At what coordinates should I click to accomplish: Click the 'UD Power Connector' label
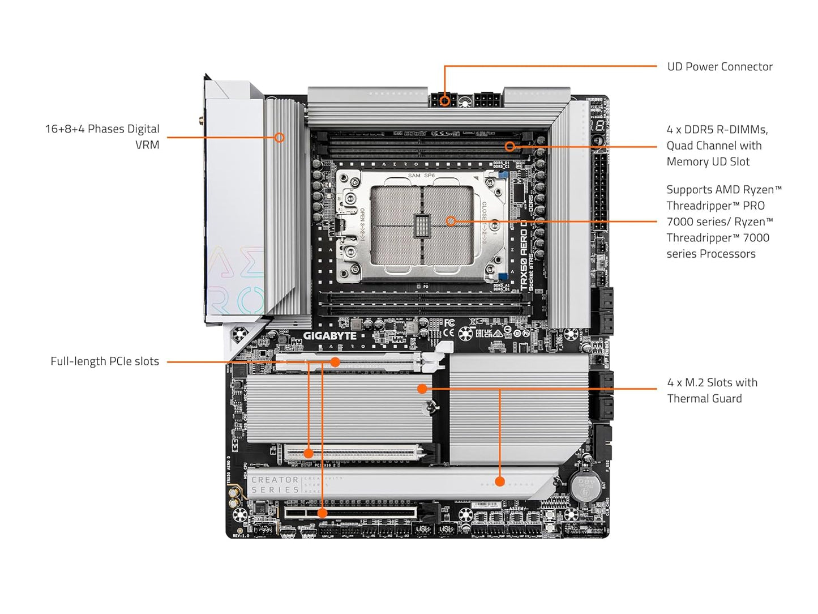coord(720,67)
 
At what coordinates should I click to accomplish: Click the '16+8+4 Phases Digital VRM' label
coord(102,137)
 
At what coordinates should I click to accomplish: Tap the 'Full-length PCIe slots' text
coord(105,361)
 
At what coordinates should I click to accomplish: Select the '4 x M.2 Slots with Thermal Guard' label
coord(712,390)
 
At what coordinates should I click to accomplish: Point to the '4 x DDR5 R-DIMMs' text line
coord(717,130)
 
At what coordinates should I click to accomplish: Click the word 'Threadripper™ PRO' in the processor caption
coord(716,206)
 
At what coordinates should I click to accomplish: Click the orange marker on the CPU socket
coord(451,221)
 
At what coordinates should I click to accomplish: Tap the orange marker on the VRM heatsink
coord(279,137)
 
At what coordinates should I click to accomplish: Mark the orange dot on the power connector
coord(446,101)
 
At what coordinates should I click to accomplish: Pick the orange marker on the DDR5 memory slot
coord(509,147)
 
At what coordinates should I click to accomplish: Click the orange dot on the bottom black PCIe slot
coord(322,513)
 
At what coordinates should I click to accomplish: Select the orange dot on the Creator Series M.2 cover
coord(499,481)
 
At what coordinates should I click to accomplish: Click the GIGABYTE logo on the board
coord(329,336)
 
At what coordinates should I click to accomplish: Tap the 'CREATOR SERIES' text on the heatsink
coord(275,485)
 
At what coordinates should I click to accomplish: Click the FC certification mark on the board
coord(448,323)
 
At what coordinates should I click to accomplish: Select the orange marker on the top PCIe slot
coord(335,362)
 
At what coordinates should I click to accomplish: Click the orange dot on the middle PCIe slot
coord(309,453)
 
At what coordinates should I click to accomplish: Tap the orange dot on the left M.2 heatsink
coord(422,389)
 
